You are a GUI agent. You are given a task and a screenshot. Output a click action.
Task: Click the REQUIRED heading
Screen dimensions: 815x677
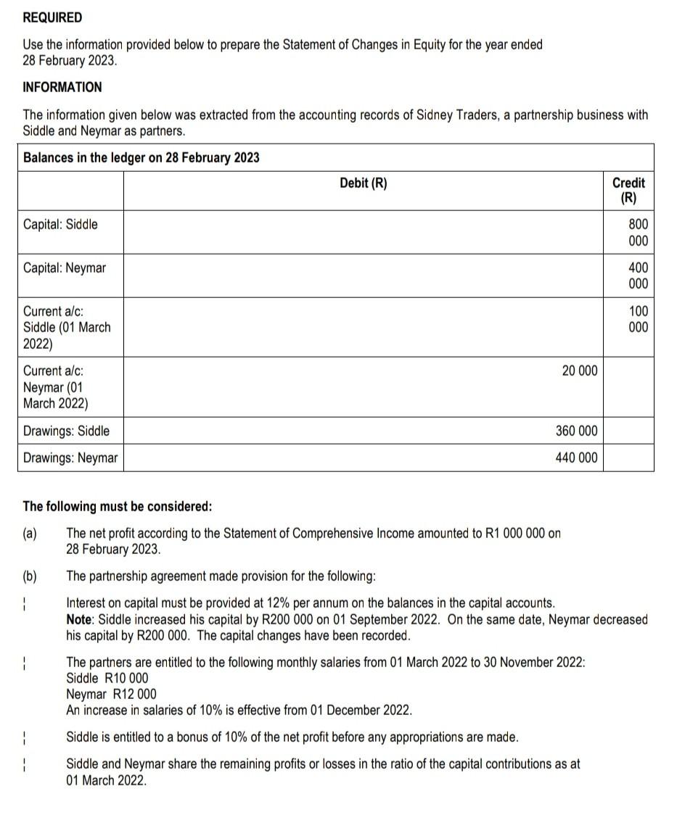(52, 17)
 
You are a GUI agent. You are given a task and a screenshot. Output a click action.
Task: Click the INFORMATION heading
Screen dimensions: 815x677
(62, 87)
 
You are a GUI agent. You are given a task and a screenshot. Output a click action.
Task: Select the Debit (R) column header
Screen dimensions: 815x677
(363, 183)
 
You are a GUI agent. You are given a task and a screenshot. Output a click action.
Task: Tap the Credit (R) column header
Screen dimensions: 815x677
(628, 191)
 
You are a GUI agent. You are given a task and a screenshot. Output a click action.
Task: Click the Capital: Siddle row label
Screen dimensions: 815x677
(60, 224)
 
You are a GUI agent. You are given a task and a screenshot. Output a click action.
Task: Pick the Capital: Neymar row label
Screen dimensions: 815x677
(64, 268)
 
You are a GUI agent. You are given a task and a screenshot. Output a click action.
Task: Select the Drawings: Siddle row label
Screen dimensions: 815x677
(66, 431)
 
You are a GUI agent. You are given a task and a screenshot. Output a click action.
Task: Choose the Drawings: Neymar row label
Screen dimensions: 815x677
(70, 458)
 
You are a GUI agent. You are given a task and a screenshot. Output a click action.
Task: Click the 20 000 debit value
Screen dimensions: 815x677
(580, 371)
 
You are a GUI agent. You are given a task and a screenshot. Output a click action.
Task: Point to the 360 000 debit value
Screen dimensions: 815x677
(576, 431)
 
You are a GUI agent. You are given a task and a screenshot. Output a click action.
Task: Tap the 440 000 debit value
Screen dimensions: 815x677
(576, 458)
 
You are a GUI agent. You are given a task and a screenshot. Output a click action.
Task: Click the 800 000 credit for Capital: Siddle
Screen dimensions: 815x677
(638, 233)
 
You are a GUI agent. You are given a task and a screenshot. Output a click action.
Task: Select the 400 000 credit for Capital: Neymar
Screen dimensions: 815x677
(638, 276)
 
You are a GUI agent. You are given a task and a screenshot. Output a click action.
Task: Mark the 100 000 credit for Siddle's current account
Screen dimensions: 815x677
(638, 319)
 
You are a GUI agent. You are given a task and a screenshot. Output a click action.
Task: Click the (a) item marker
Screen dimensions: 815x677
(30, 534)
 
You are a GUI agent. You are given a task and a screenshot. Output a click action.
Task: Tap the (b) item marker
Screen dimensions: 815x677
(30, 576)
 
